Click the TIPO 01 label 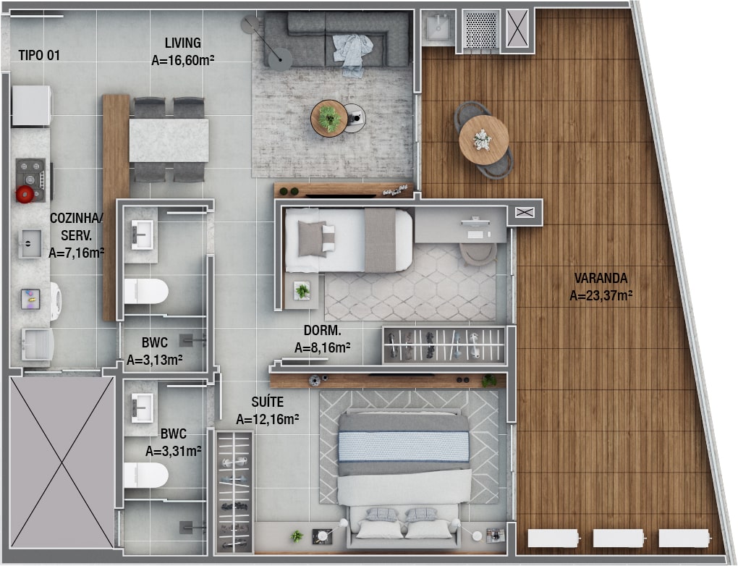coord(40,56)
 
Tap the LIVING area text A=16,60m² coord(183,61)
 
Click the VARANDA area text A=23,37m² coord(601,296)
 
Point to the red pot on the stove coord(25,194)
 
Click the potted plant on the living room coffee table coord(329,118)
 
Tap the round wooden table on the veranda coord(484,140)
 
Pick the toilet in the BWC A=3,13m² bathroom coord(146,292)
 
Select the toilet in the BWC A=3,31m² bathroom coord(146,475)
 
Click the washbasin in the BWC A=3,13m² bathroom coord(142,235)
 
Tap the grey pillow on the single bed coord(312,239)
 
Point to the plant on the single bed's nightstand coord(302,291)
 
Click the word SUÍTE coord(267,402)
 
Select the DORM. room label coord(323,331)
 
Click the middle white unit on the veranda coord(619,538)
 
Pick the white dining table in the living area coord(169,140)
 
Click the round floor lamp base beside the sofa coord(280,59)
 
